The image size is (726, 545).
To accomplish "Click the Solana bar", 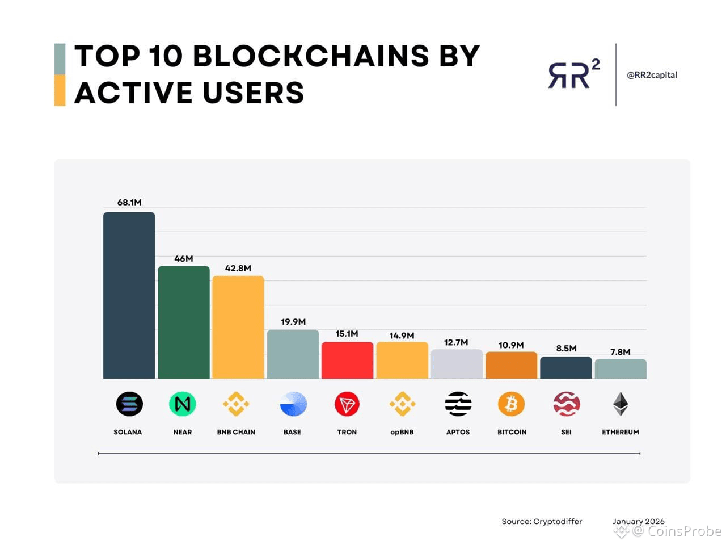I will click(129, 295).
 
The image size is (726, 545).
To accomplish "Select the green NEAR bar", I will click(183, 322).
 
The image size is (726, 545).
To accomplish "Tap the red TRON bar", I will click(347, 360).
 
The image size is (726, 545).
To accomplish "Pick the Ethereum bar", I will click(621, 368).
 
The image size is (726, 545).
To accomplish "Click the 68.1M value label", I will click(129, 202).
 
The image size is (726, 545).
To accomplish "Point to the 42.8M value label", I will click(238, 268).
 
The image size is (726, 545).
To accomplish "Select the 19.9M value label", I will click(293, 322).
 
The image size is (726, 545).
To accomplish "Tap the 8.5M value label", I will click(566, 348).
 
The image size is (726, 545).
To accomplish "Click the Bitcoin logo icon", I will click(512, 404).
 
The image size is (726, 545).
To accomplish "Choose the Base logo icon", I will click(293, 404).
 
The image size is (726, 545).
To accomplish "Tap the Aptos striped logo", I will click(458, 404).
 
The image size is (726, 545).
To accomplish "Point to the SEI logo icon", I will click(566, 404).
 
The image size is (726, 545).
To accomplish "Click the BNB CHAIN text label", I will click(236, 432).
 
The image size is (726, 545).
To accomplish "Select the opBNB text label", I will click(402, 432).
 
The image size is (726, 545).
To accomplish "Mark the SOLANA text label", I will click(128, 432).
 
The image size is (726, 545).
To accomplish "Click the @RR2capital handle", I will click(652, 74).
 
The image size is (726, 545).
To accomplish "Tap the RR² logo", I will click(573, 74).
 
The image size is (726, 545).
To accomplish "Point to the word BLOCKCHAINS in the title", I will click(311, 56).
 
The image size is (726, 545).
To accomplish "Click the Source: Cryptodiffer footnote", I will click(542, 521).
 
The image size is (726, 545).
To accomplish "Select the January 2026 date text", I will click(638, 521).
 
